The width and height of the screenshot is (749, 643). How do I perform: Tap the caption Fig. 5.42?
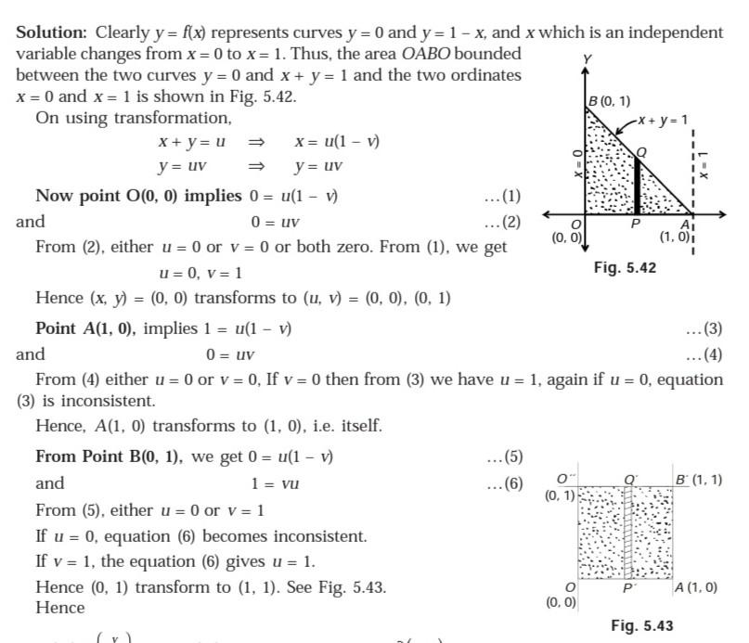pos(625,267)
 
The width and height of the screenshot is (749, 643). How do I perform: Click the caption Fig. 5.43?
pos(642,625)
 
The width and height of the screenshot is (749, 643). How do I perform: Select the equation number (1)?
pos(504,197)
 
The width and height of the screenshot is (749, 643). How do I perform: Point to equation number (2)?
pos(504,223)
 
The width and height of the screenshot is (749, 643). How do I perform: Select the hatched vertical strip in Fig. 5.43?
pos(628,534)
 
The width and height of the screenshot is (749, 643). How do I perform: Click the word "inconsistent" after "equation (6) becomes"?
pos(315,537)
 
